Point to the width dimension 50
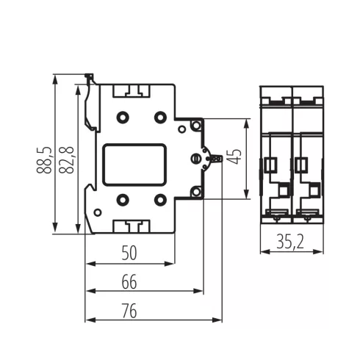click(x=129, y=253)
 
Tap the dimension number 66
click(x=129, y=282)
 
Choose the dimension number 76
click(x=129, y=311)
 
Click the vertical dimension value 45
click(x=234, y=157)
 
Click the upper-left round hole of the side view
click(x=123, y=115)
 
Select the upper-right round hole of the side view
click(x=159, y=115)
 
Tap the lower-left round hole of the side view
click(x=123, y=198)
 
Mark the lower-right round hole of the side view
click(x=159, y=198)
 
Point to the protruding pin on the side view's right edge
click(x=215, y=158)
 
